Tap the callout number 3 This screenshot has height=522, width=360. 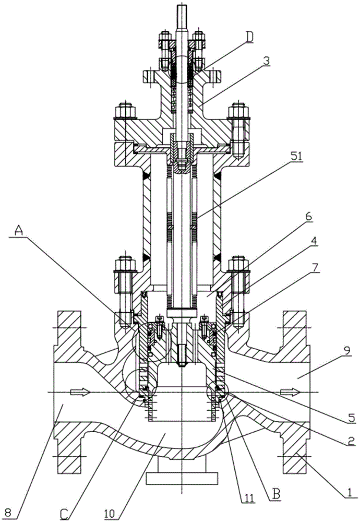(x=267, y=61)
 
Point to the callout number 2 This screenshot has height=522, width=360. (x=349, y=442)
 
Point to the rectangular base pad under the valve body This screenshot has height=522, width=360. (x=182, y=478)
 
